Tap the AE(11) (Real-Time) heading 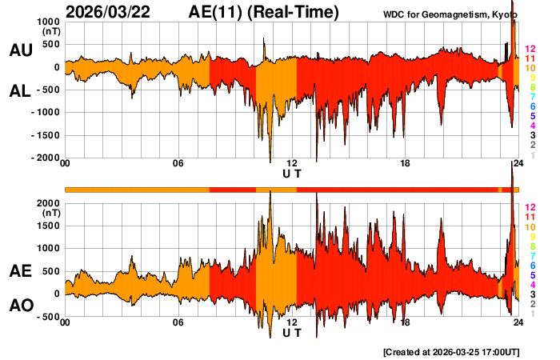point(264,12)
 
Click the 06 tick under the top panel point(178,164)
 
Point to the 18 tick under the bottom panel point(406,323)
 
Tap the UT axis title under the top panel point(292,173)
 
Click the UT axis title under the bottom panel point(292,332)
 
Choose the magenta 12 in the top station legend point(530,50)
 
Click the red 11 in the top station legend point(530,59)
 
